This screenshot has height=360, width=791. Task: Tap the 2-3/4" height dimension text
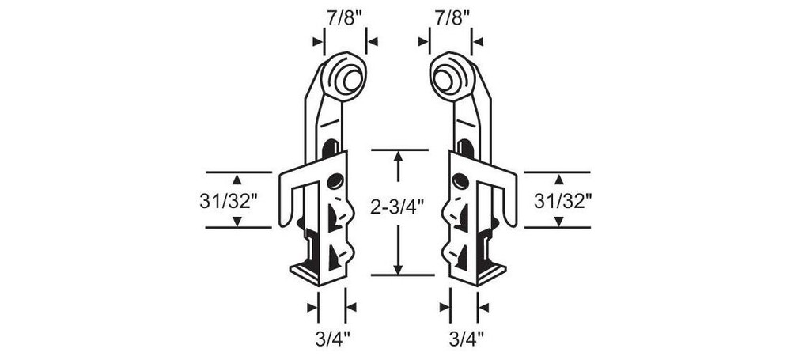click(398, 207)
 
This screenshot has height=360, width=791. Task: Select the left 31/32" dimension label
click(230, 201)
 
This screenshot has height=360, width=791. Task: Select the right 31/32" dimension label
click(563, 201)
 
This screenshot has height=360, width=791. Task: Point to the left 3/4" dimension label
click(331, 339)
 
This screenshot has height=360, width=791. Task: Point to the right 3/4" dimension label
click(464, 339)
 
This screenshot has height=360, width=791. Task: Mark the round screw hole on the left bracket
click(335, 181)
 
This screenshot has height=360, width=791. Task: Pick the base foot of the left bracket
click(316, 272)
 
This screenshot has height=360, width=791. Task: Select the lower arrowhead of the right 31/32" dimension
click(558, 221)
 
